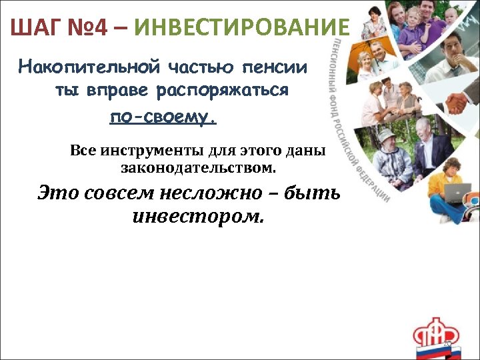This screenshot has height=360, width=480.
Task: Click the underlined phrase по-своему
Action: click(x=163, y=117)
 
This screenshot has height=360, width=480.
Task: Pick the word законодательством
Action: click(x=198, y=167)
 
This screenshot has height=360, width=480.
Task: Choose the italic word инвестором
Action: click(x=199, y=217)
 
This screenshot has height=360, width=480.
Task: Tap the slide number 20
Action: click(x=447, y=344)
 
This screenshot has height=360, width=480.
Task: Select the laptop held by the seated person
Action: click(x=459, y=193)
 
